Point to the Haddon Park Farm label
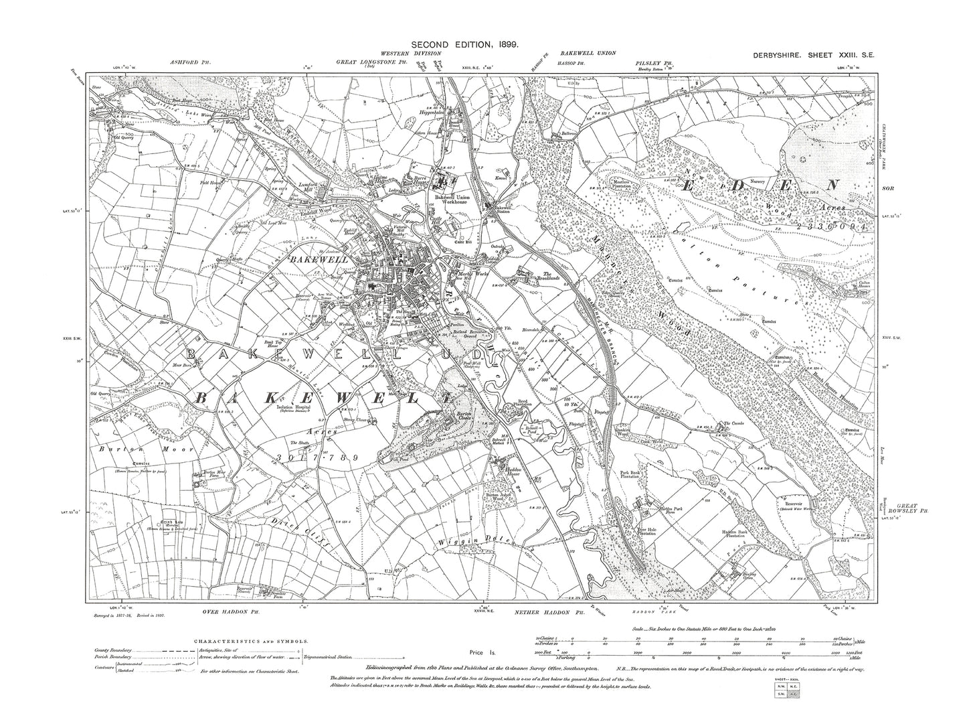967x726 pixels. (x=656, y=512)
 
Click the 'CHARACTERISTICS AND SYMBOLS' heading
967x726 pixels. (x=252, y=640)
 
